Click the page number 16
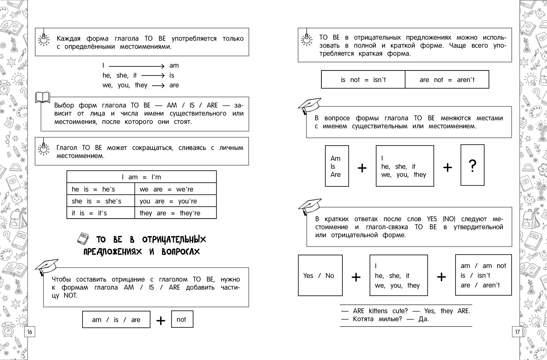click(x=30, y=332)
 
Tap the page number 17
click(x=517, y=332)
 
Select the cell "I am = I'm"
click(x=141, y=177)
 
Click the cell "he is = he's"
click(x=101, y=189)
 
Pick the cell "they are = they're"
click(x=176, y=213)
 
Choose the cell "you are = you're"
click(x=176, y=201)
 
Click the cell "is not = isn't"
click(x=363, y=80)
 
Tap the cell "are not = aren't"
click(x=447, y=80)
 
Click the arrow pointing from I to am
click(x=136, y=66)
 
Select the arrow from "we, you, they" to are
click(x=158, y=86)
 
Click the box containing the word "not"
click(x=182, y=319)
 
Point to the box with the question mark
click(x=472, y=165)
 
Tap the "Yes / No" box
click(x=320, y=275)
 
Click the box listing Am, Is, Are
click(x=337, y=166)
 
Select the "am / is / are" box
click(x=116, y=319)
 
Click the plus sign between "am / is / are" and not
click(x=161, y=321)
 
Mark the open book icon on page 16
click(x=43, y=98)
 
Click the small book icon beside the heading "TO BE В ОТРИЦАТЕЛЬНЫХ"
click(x=83, y=239)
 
